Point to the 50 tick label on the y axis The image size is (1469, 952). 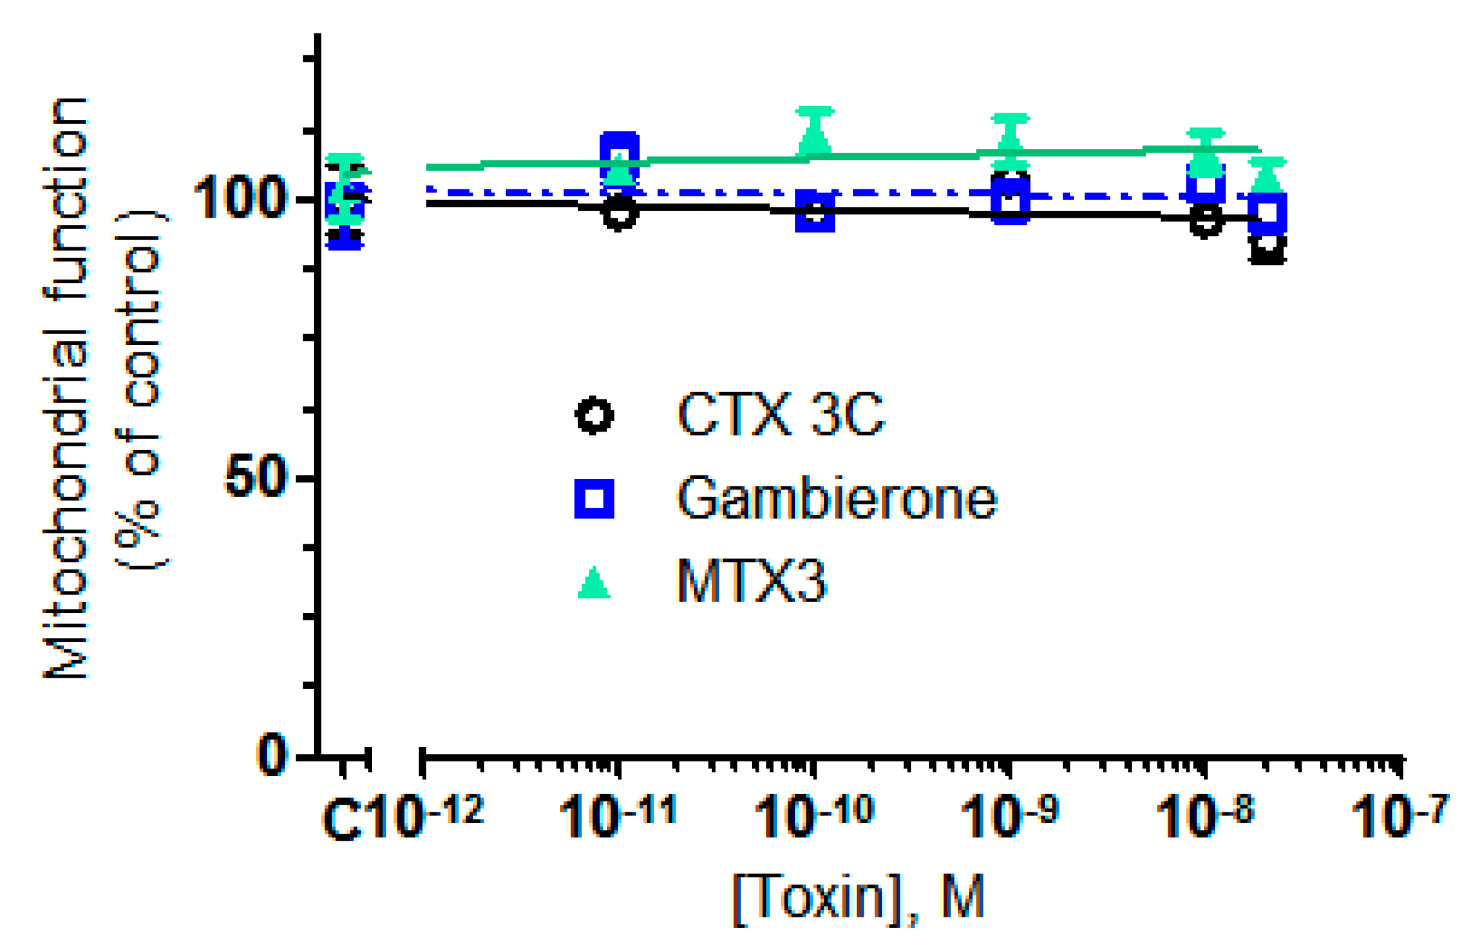[255, 478]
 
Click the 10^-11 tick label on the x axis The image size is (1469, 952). [617, 816]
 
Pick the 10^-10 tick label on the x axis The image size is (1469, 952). [813, 816]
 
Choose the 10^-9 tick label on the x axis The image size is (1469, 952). [1009, 816]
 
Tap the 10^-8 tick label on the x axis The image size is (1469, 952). [1204, 816]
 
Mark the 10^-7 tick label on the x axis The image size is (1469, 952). [1399, 816]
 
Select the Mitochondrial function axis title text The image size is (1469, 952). [66, 388]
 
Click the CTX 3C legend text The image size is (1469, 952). [780, 415]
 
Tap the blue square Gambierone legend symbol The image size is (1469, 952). [594, 499]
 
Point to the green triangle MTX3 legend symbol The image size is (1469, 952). [594, 583]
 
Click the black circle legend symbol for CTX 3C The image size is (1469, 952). [594, 415]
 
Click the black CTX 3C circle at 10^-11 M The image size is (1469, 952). [620, 213]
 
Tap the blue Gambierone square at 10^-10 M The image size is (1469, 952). [815, 212]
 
